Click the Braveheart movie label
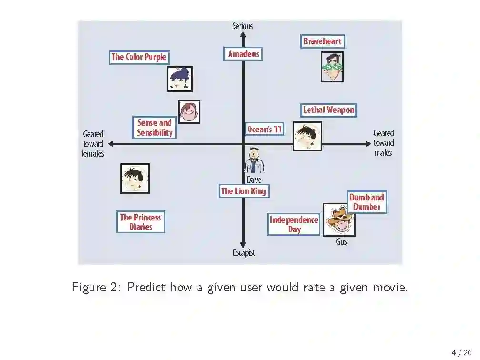coord(322,41)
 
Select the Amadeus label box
coord(243,54)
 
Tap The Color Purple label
coord(139,57)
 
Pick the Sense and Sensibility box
coord(154,128)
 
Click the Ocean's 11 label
coord(264,129)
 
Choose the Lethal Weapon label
coord(329,110)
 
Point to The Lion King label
coord(243,191)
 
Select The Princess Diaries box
coord(140,222)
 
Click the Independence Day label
coord(294,224)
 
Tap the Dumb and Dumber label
coord(367,202)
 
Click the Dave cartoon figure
coord(254,160)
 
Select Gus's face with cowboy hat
coord(339,220)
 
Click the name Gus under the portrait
coord(341,242)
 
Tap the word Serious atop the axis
coord(242,26)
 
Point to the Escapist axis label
coord(244,253)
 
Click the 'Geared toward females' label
coord(93,144)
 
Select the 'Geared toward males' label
coord(383,143)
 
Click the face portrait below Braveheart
coord(332,67)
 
